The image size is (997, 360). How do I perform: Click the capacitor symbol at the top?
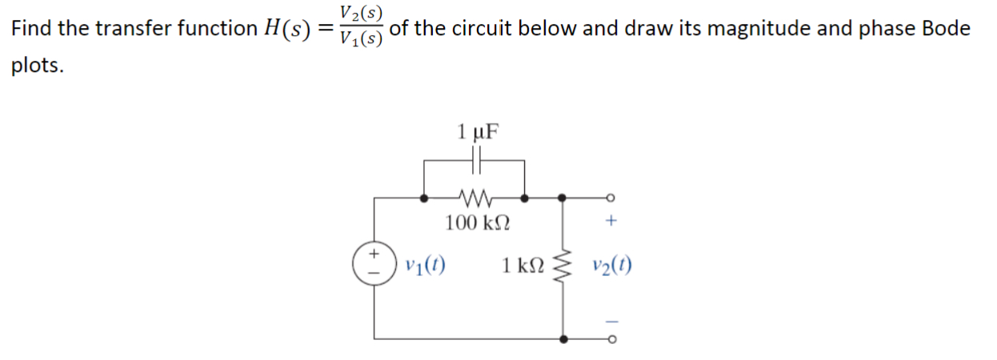tap(475, 162)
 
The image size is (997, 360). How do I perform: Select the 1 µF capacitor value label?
tap(476, 131)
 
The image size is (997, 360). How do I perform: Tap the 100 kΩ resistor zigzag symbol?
tap(474, 196)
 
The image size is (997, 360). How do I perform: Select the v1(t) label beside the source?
tap(426, 265)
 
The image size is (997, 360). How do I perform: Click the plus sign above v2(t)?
tap(612, 223)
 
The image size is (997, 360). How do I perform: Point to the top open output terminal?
tap(612, 197)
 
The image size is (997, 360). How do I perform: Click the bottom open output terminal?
tap(612, 339)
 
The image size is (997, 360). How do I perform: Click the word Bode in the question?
tap(947, 29)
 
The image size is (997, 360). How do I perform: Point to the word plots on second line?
tap(37, 66)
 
